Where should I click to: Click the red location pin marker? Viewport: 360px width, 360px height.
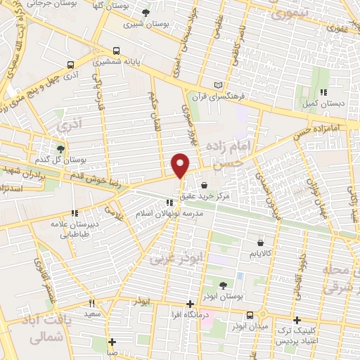(181, 165)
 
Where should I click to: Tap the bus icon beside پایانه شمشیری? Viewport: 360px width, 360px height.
(115, 51)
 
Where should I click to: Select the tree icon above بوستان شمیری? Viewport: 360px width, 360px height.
(146, 13)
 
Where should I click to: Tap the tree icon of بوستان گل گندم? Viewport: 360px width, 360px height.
(61, 148)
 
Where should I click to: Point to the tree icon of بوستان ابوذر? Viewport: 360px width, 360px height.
(223, 285)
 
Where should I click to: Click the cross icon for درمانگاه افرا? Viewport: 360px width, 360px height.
(189, 304)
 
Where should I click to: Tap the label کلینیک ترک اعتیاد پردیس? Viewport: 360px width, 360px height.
(297, 335)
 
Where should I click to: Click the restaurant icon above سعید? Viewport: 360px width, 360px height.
(91, 303)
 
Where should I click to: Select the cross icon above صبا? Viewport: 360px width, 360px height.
(112, 342)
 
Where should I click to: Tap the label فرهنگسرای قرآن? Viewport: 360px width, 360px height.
(229, 96)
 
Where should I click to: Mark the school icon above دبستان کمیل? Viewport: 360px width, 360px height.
(323, 92)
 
